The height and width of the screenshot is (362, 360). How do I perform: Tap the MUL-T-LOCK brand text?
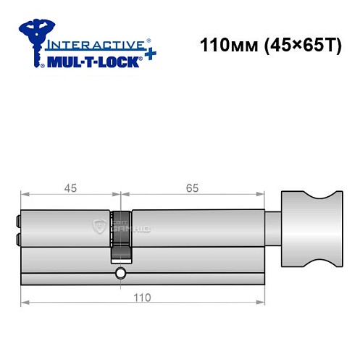point(92,62)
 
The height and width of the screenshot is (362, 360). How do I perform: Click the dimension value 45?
point(70,188)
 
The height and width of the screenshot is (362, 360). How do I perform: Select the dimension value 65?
point(192,188)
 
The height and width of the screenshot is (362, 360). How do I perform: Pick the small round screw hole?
point(120,274)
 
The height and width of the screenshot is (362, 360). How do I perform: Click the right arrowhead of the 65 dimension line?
point(260,194)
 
